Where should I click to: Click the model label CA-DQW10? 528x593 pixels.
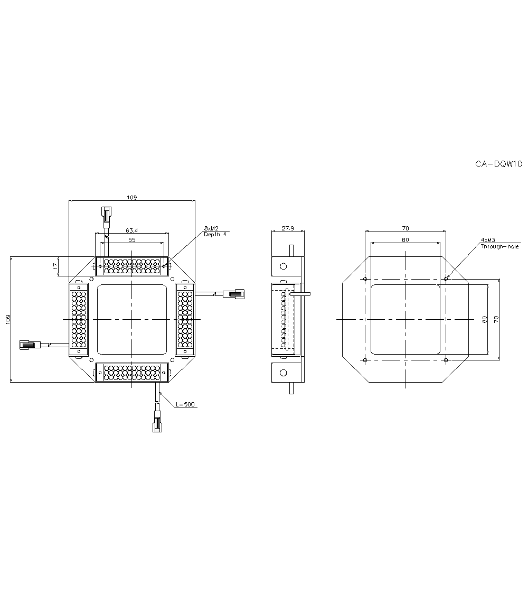point(498,164)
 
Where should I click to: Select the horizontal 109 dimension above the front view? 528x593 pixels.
point(131,197)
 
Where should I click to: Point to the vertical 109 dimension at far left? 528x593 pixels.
point(7,319)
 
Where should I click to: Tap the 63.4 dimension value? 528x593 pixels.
point(131,230)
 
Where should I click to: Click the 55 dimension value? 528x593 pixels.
point(131,240)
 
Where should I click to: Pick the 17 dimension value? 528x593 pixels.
point(55,267)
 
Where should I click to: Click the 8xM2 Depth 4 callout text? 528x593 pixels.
point(215,231)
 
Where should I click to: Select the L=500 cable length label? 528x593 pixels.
point(185,404)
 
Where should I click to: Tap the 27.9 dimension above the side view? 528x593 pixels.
point(287,228)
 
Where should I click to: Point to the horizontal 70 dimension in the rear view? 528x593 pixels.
point(405,228)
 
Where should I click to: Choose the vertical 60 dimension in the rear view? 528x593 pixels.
point(484,319)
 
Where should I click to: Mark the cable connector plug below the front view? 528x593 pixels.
point(157,423)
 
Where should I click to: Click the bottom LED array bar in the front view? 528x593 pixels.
point(131,372)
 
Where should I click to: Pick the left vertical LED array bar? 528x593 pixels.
point(79,319)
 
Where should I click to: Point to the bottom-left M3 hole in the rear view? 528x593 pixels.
point(365,360)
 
